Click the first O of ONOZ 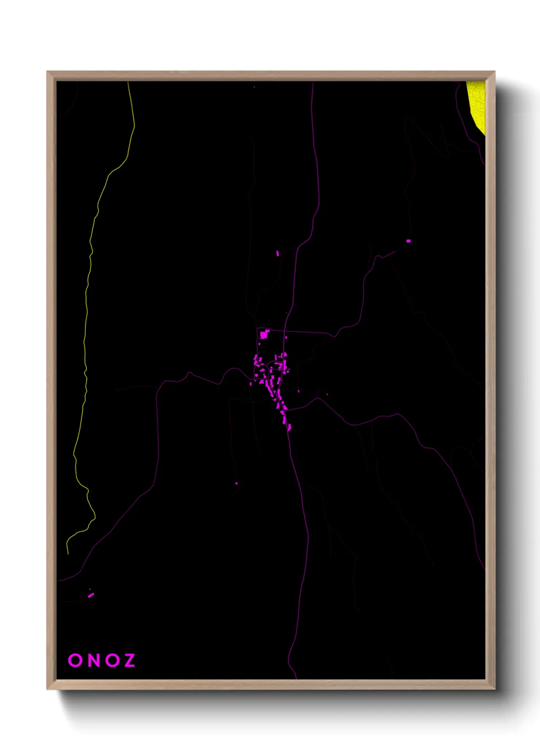point(75,660)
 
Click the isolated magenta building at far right point(408,241)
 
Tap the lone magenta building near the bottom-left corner point(91,595)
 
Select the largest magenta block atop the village point(264,335)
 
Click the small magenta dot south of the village point(236,483)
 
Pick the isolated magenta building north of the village point(278,253)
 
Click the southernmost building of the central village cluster point(289,427)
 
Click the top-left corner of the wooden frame point(47,72)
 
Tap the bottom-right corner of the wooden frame point(494,689)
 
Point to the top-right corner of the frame point(494,72)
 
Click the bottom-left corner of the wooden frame point(47,689)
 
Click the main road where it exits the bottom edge point(296,678)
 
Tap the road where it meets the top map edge point(312,82)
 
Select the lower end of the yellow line point(68,553)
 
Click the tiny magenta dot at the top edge point(254,87)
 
